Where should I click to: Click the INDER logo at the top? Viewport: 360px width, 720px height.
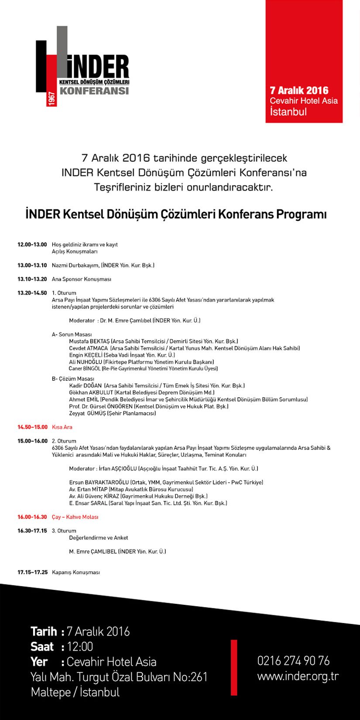click(x=83, y=65)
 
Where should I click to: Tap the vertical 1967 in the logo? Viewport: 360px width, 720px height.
click(x=51, y=99)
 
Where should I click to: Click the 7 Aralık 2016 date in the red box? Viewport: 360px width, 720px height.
click(x=299, y=90)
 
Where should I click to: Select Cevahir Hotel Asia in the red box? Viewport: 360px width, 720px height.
click(x=304, y=101)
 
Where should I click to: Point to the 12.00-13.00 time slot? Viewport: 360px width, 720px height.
click(x=32, y=245)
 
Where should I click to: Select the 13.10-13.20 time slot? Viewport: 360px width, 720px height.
click(x=32, y=279)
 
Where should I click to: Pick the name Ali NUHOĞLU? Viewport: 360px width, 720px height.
click(x=86, y=362)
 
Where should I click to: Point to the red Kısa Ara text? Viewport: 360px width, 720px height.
click(x=62, y=427)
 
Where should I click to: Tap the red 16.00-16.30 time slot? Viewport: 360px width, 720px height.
click(x=32, y=517)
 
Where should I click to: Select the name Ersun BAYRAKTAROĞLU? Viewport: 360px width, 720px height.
click(x=99, y=483)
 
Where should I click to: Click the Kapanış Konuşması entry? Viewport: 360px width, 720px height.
click(x=75, y=573)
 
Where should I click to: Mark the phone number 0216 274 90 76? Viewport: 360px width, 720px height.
click(x=293, y=661)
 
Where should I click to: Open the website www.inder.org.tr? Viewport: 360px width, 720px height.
click(x=298, y=676)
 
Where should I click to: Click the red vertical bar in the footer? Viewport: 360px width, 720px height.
click(x=234, y=667)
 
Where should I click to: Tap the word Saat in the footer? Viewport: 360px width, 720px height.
click(x=42, y=647)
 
